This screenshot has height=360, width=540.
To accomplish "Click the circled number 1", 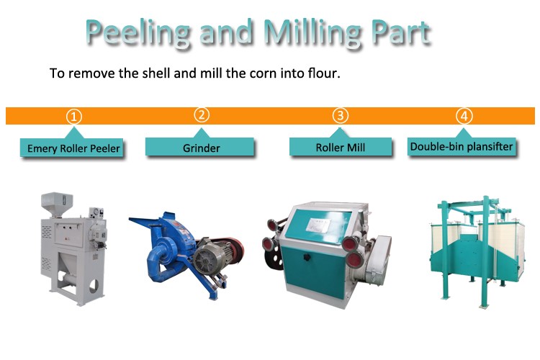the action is (x=73, y=117).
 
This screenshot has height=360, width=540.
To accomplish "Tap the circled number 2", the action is (x=202, y=114).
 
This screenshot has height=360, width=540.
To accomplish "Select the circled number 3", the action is (x=341, y=115).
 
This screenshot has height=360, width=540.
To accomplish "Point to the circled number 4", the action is (x=464, y=116).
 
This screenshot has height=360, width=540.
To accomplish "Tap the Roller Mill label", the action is (x=341, y=147).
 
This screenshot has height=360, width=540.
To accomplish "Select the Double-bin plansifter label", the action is (x=462, y=146).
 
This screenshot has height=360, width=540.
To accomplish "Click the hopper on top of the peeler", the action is (x=57, y=203).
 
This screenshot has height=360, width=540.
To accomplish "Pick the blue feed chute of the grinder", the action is (x=148, y=222).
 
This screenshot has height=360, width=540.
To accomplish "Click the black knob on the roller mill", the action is (x=307, y=257).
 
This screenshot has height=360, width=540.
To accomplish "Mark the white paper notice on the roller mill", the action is (x=318, y=225).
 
